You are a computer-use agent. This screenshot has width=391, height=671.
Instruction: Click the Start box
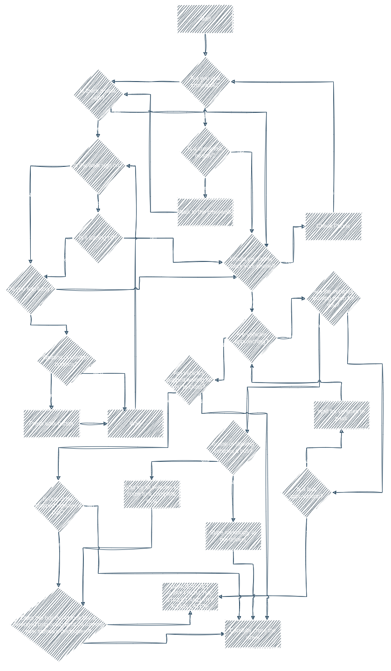click(x=205, y=19)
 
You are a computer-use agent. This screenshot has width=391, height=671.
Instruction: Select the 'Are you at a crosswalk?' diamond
click(x=205, y=82)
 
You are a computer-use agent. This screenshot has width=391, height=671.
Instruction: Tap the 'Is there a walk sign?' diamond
click(x=98, y=94)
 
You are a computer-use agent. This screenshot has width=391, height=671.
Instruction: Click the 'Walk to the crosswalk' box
click(x=205, y=212)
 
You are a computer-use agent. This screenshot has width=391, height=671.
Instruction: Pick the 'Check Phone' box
click(x=333, y=226)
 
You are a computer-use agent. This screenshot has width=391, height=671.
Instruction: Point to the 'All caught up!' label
click(x=334, y=193)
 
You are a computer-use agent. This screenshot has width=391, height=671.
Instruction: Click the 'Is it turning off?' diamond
click(x=98, y=238)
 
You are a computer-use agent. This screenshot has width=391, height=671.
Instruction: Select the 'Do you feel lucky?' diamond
click(x=31, y=289)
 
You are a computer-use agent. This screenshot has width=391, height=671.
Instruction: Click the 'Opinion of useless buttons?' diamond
click(x=66, y=361)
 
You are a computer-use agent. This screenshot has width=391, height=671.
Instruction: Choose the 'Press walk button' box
click(x=51, y=424)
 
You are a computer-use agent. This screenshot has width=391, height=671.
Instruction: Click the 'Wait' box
click(x=135, y=424)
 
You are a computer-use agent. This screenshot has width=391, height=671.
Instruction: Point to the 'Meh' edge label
click(x=98, y=373)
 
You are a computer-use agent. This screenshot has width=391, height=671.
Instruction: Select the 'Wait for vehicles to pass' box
click(x=341, y=415)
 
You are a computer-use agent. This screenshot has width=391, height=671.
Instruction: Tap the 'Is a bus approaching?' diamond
click(x=306, y=493)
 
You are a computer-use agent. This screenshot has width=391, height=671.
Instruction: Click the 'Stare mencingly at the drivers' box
click(x=233, y=536)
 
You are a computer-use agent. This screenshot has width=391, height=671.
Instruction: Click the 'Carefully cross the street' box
click(x=253, y=634)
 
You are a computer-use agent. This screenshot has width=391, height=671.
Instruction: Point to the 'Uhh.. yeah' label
click(x=307, y=530)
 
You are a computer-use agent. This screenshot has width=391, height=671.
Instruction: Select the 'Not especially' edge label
click(x=131, y=639)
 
